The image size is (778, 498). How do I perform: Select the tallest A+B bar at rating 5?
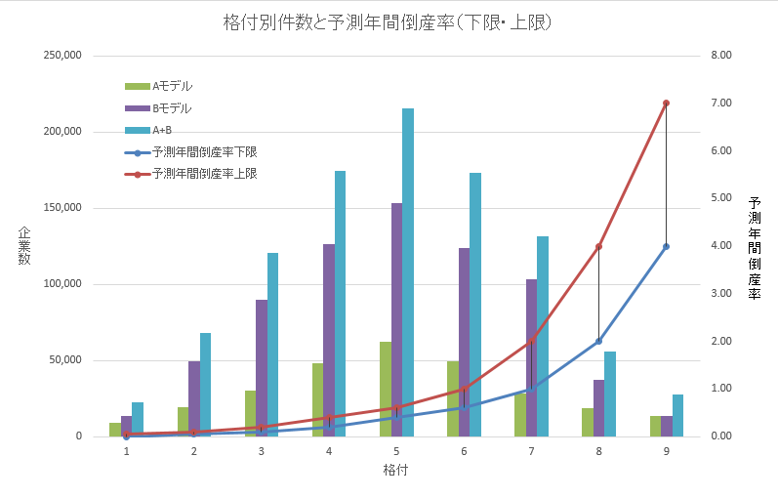pos(408,273)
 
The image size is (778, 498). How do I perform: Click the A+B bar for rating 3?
pos(273,342)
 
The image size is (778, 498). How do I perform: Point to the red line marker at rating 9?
pos(666,103)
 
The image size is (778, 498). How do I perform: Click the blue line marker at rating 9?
pos(666,246)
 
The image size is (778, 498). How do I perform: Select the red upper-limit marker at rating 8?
pos(598,246)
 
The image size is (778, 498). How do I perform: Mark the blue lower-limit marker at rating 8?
pos(598,341)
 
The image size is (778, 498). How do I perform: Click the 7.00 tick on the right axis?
pos(721,104)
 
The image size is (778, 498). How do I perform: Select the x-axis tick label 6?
pos(464,451)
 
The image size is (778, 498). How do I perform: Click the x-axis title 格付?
pos(395,471)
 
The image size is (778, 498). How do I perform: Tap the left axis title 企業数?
pos(24,245)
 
